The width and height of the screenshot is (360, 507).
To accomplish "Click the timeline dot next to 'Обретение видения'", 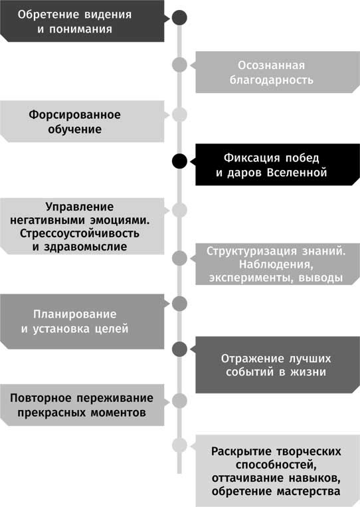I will coord(179,18).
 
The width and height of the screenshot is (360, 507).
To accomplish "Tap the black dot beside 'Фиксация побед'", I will coord(179,161).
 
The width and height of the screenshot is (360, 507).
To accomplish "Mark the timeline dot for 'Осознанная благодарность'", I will coord(179,64).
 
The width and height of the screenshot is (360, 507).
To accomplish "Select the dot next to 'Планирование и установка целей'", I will coord(179,304).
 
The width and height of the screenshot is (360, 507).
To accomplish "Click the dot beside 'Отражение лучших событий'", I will coord(179,348).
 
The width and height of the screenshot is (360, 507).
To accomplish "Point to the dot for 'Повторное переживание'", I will coord(179,400).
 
